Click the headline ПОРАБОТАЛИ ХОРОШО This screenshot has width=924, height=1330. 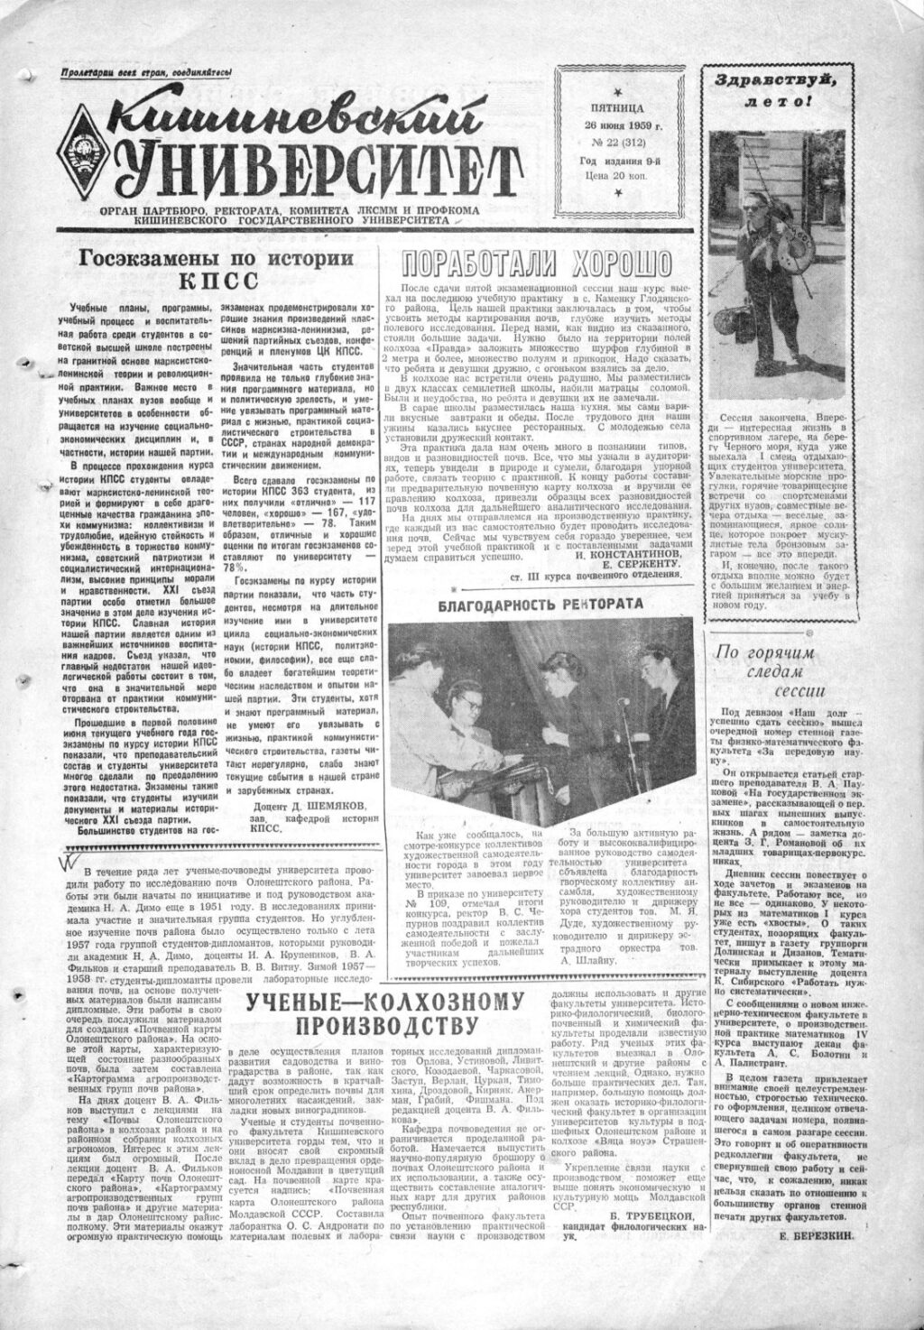click(538, 263)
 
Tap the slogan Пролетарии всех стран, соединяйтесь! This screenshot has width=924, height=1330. click(147, 73)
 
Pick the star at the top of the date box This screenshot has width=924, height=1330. click(617, 89)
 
